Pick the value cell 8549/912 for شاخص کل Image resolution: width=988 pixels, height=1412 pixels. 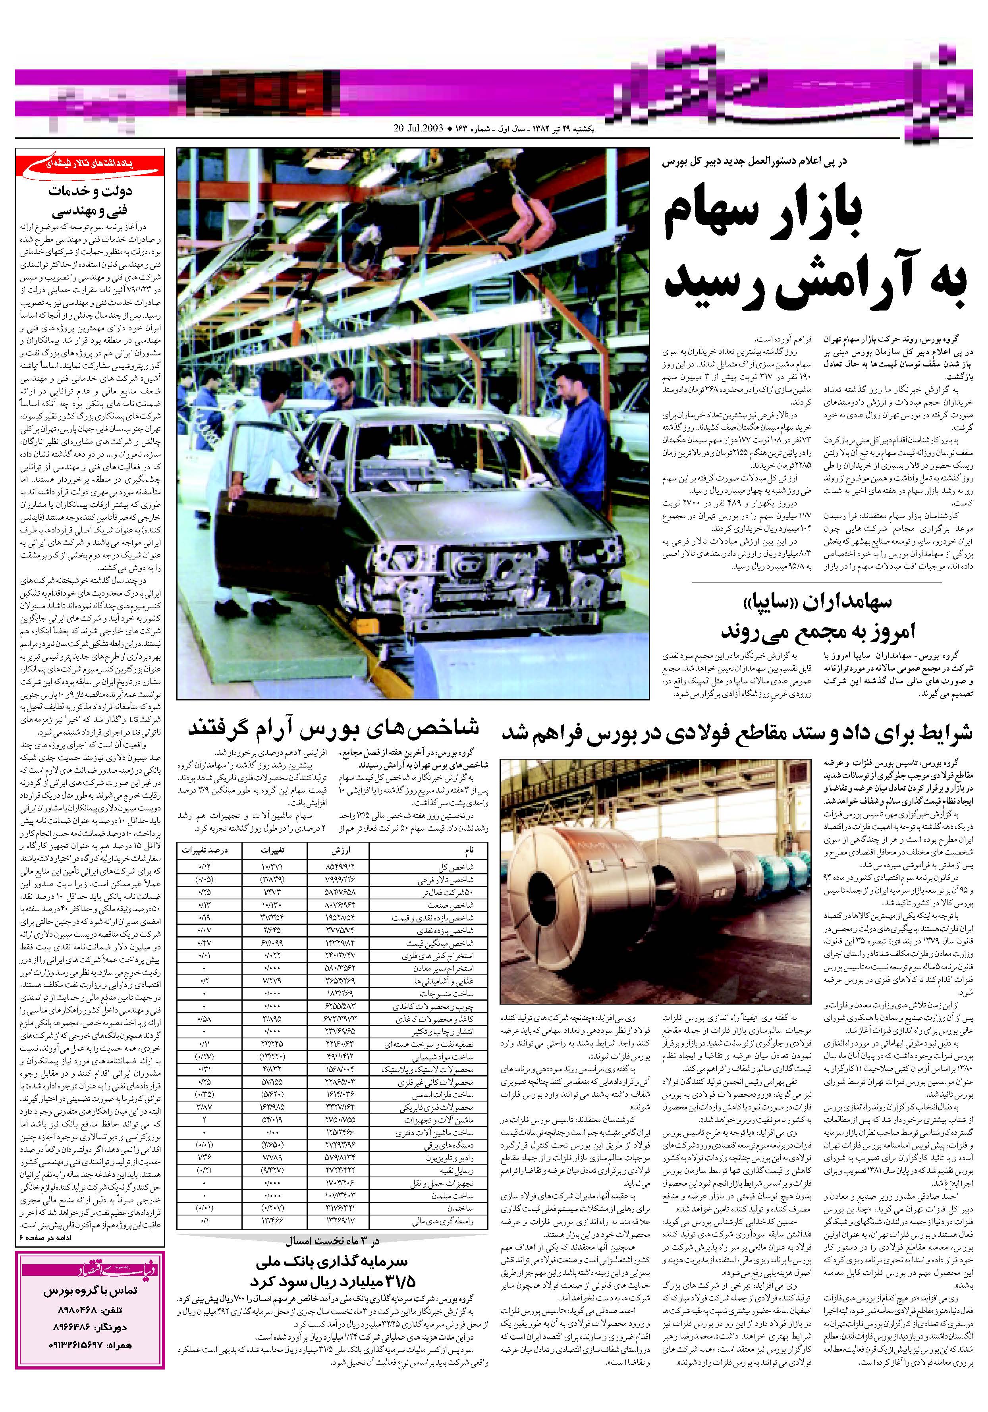(x=340, y=867)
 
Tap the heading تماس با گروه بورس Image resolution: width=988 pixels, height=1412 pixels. (x=91, y=1291)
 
